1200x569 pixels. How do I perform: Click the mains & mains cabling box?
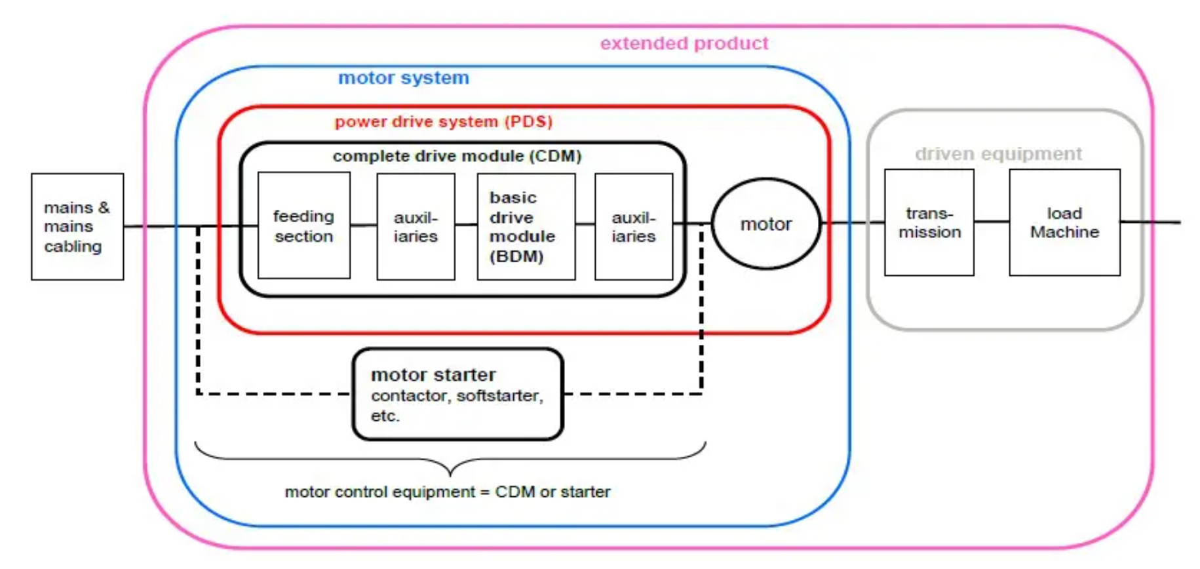click(x=77, y=227)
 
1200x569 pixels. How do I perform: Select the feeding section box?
click(x=303, y=226)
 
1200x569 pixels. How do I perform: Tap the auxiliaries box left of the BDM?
click(x=416, y=226)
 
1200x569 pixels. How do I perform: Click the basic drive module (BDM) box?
click(x=526, y=226)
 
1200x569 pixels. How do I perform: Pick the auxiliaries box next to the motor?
click(x=633, y=226)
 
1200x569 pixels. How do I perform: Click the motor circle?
click(x=765, y=224)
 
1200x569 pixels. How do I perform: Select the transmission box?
click(x=929, y=223)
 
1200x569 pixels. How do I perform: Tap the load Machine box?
click(x=1064, y=223)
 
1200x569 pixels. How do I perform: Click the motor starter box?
click(x=457, y=394)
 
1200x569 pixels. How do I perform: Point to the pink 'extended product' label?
click(x=684, y=43)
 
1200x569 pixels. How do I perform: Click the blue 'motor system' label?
click(x=403, y=78)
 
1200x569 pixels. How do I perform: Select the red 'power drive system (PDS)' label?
click(x=444, y=122)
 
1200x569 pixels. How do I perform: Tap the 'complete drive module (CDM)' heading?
click(x=457, y=156)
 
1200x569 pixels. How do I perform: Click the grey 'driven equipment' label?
click(x=998, y=154)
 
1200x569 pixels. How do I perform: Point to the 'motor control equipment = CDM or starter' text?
click(x=447, y=492)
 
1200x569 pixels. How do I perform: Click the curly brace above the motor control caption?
click(x=450, y=461)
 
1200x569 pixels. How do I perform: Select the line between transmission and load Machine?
click(x=991, y=222)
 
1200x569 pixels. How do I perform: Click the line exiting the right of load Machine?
click(x=1150, y=222)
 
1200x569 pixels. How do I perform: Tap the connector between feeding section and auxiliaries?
click(x=363, y=226)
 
